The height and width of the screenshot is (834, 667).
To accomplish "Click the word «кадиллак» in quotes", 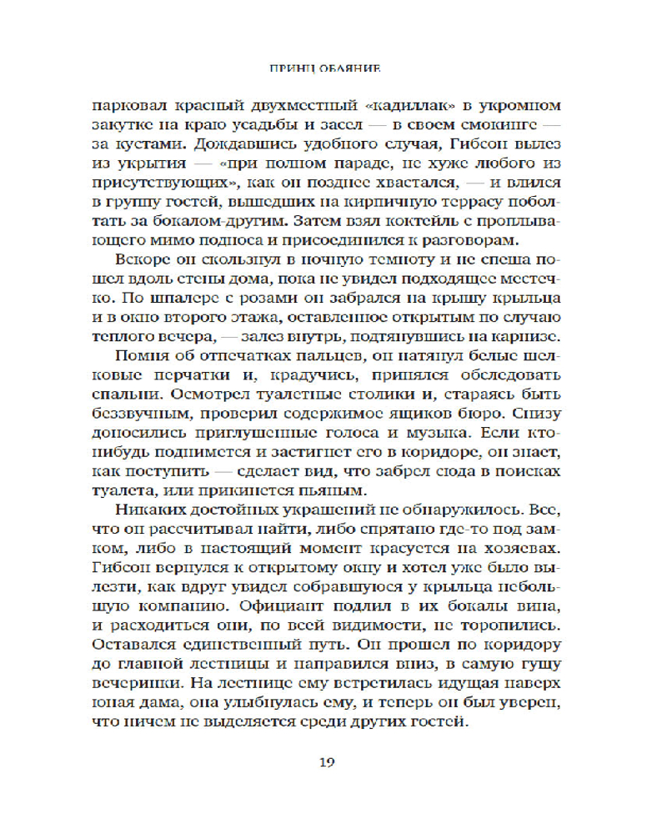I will [x=381, y=107].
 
